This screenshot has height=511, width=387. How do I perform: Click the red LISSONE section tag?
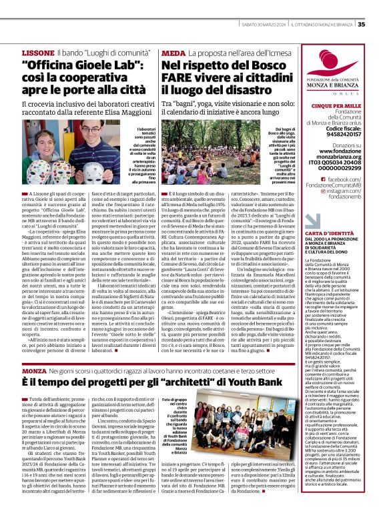(x=38, y=52)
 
